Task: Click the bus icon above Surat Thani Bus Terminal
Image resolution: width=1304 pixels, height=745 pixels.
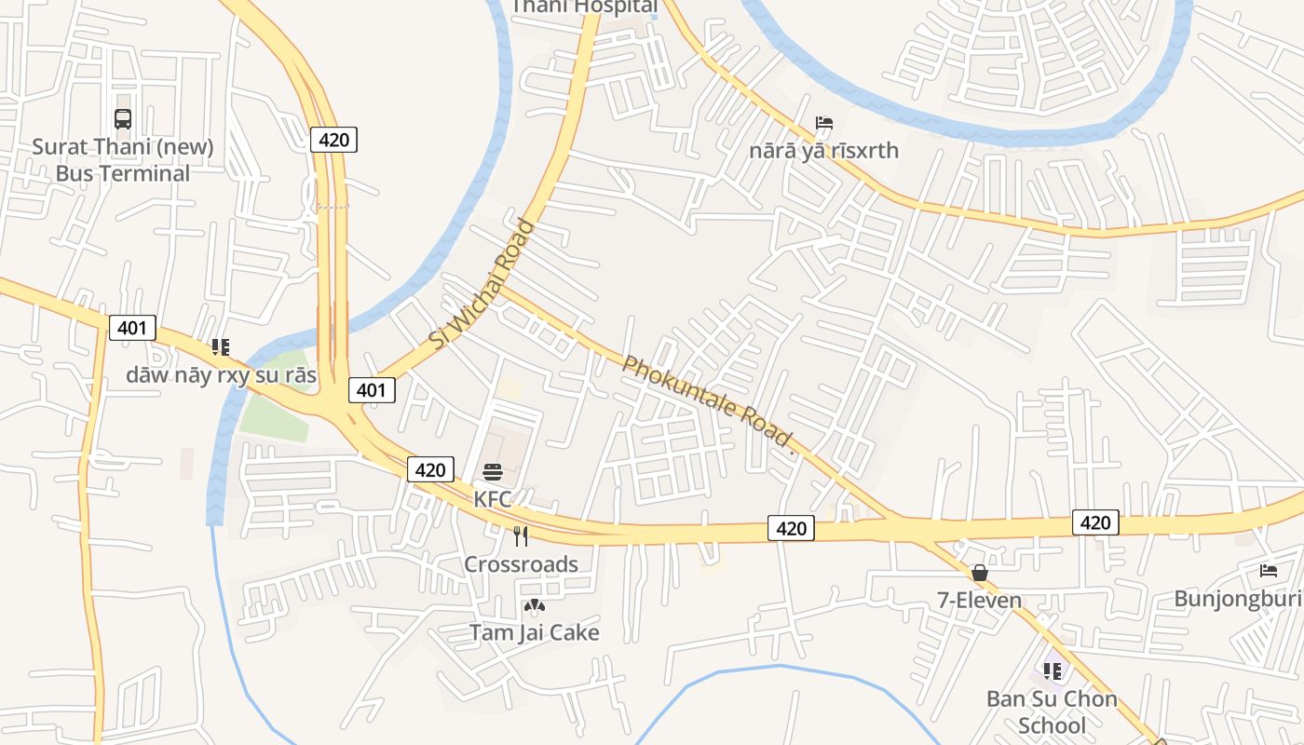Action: click(x=123, y=119)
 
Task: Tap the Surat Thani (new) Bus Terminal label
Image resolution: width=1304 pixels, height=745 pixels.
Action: click(x=123, y=160)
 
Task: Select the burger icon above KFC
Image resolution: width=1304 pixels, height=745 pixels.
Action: click(x=493, y=472)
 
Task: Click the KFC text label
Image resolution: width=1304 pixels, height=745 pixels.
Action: click(x=493, y=499)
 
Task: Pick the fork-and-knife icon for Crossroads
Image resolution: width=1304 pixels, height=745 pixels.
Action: click(x=521, y=536)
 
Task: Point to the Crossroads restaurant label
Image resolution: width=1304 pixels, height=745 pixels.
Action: click(x=521, y=564)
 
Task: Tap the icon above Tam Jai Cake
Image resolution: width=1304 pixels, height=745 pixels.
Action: click(x=534, y=606)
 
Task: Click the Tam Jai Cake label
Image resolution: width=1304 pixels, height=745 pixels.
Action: click(x=534, y=632)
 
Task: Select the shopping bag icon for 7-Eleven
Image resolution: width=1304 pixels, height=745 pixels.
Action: click(x=979, y=573)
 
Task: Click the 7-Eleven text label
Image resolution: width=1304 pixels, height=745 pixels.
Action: click(x=979, y=601)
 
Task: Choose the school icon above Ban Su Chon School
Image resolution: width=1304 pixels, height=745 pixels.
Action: click(x=1053, y=670)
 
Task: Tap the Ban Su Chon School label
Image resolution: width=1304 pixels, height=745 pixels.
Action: click(x=1052, y=711)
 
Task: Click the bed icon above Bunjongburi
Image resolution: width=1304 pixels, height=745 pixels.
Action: click(x=1269, y=571)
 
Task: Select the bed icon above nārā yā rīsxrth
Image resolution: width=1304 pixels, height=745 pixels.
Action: click(x=823, y=123)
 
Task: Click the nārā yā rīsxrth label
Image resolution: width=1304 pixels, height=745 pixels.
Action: click(x=823, y=150)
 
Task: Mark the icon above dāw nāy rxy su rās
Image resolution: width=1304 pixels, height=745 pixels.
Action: click(x=221, y=347)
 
